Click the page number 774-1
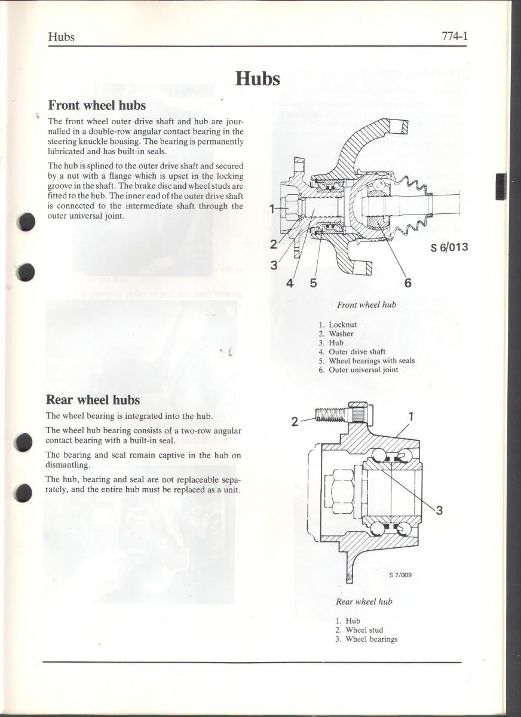click(x=455, y=36)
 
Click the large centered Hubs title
click(x=258, y=78)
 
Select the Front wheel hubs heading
click(x=97, y=105)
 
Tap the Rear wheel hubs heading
click(x=93, y=400)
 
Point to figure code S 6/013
click(x=449, y=247)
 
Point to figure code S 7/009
click(x=400, y=575)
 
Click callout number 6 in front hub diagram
click(x=407, y=283)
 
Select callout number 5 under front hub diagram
click(x=313, y=283)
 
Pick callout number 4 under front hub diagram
click(x=290, y=283)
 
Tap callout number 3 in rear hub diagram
click(x=439, y=510)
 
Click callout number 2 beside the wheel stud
click(x=295, y=422)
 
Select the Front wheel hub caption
click(x=366, y=305)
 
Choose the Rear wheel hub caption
click(x=364, y=602)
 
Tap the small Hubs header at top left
click(x=61, y=37)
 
